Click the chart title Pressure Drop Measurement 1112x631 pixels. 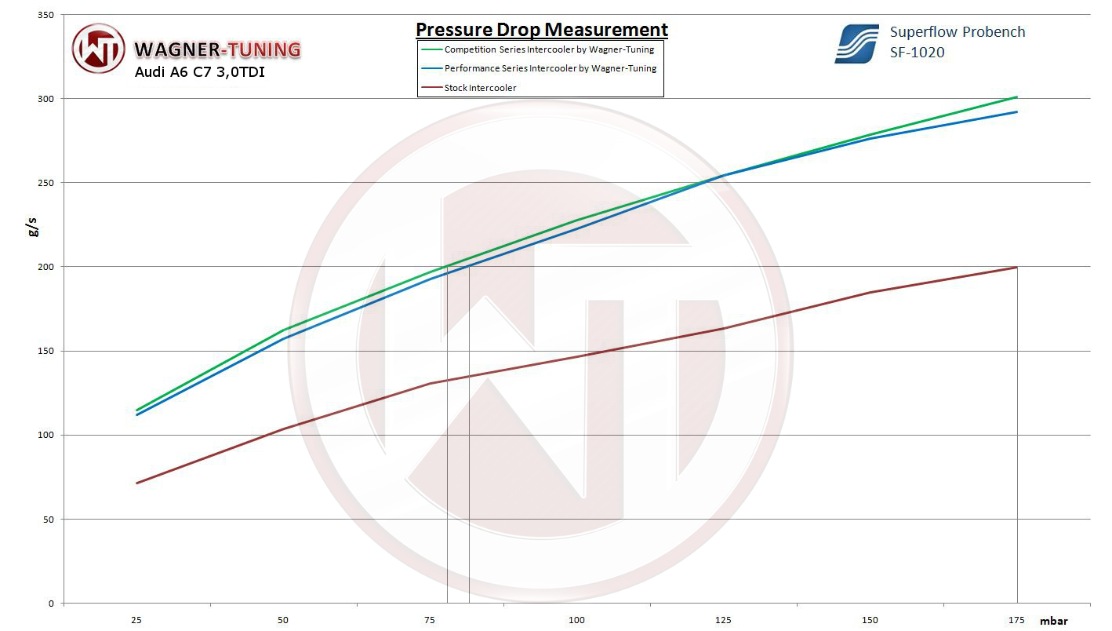541,30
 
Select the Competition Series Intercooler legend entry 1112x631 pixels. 548,49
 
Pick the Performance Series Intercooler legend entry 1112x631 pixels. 550,68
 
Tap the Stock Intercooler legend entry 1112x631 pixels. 480,88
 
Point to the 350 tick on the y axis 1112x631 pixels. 46,15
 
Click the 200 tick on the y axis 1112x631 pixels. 46,267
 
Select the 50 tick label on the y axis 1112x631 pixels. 49,520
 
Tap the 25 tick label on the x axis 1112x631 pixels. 136,620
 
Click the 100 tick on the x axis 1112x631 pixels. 576,620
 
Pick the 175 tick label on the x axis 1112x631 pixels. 1016,620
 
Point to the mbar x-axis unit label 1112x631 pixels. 1053,621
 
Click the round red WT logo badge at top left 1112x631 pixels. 98,49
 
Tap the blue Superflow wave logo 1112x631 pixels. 856,43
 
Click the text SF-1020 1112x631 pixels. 917,53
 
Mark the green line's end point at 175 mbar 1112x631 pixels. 1017,97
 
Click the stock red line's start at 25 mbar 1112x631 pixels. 137,483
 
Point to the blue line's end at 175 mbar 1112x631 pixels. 1017,111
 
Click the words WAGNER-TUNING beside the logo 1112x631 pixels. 217,49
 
